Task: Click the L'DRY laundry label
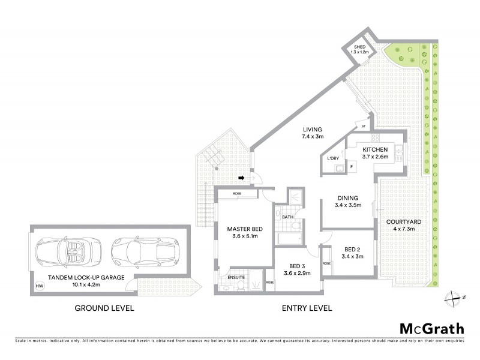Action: pyautogui.click(x=332, y=158)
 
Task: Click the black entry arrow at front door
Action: pyautogui.click(x=241, y=178)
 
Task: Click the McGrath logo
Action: pyautogui.click(x=431, y=328)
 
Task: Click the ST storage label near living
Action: pyautogui.click(x=364, y=127)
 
